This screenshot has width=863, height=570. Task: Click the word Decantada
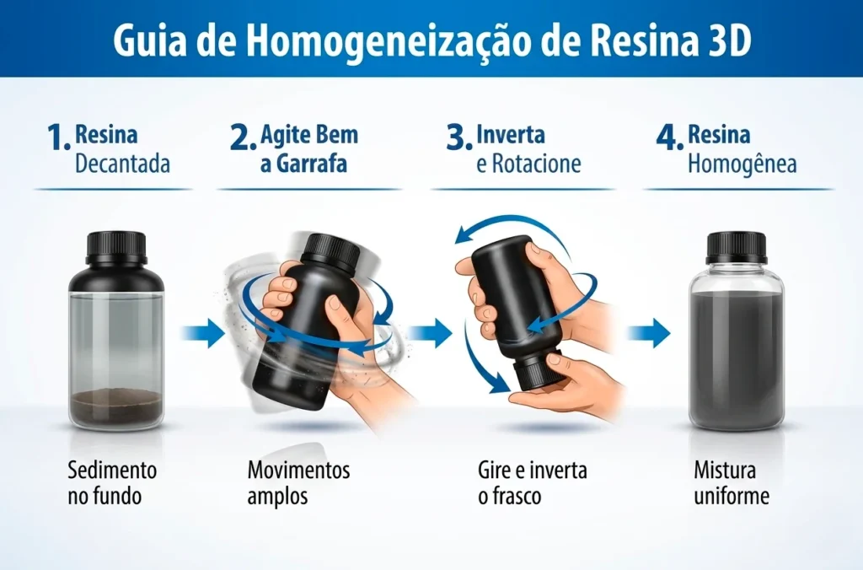(x=122, y=163)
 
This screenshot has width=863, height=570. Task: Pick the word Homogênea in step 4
(x=742, y=163)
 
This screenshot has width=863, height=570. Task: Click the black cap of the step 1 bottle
(x=116, y=246)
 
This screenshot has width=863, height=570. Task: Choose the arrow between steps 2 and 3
(x=431, y=334)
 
